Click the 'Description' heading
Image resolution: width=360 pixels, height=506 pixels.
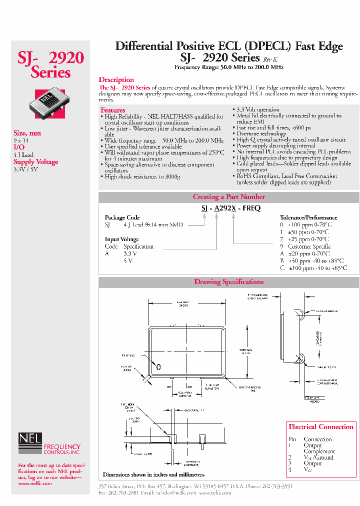coord(116,79)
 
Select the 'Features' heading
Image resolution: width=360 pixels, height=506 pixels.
coord(112,110)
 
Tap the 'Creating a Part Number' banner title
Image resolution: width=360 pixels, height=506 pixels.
coord(229,197)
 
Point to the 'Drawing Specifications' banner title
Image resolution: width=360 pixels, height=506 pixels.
coord(229,282)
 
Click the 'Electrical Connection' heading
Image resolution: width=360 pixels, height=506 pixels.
coord(321,427)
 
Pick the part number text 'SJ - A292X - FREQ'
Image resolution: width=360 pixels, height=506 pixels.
coord(231,208)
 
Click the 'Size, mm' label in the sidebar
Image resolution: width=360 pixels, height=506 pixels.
coord(27,133)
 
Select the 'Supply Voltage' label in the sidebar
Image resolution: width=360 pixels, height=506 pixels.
coord(35,162)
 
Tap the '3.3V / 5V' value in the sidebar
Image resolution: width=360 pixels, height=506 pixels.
coord(25,169)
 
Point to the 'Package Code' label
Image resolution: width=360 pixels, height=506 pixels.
coord(122,218)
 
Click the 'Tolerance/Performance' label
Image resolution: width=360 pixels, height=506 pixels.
coord(308,218)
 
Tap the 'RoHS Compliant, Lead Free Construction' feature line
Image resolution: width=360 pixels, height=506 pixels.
coord(287,176)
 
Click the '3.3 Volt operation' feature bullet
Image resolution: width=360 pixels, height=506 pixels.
coord(258,109)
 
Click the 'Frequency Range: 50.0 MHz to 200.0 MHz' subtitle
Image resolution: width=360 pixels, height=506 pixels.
coord(229,67)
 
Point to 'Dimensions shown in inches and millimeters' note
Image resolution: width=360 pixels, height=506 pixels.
coord(154,474)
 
